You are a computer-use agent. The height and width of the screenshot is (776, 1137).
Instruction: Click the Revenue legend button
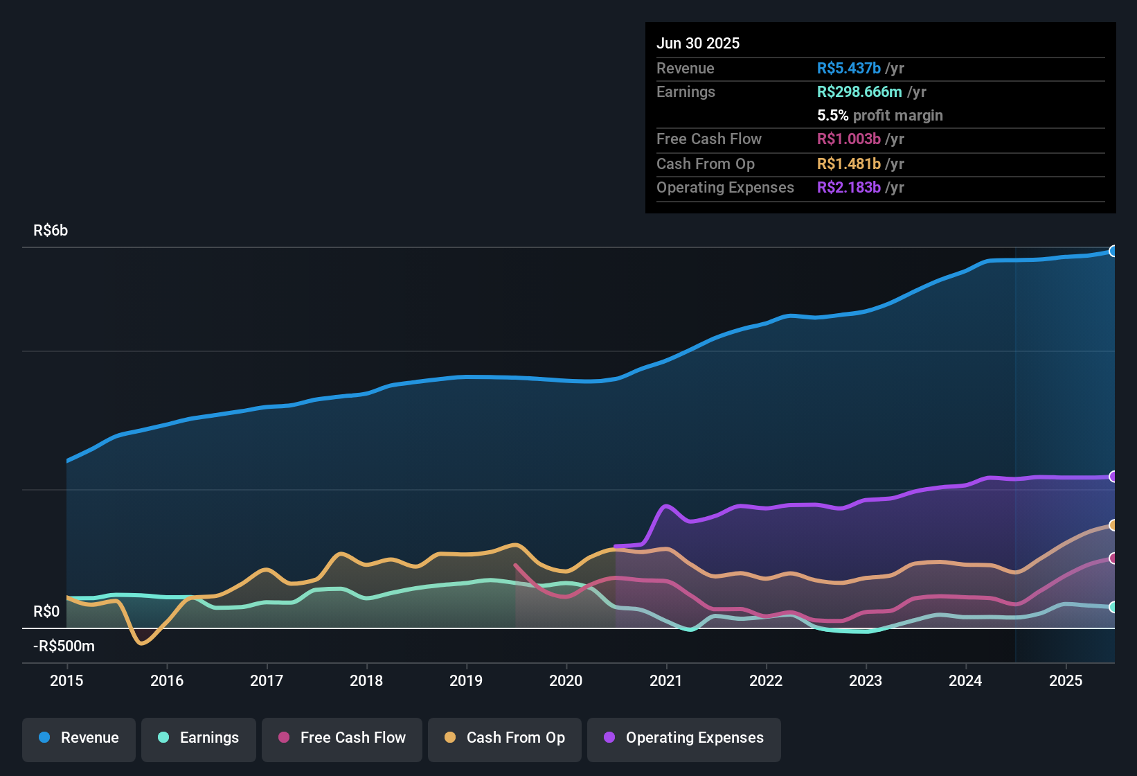click(x=79, y=738)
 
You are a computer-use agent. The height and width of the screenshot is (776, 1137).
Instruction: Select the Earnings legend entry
click(x=199, y=738)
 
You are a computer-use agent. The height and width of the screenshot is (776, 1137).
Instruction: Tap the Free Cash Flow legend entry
click(x=342, y=738)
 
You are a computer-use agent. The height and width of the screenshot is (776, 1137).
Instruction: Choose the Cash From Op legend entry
click(x=505, y=738)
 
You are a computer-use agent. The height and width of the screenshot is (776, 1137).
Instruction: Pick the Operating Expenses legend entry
click(x=684, y=738)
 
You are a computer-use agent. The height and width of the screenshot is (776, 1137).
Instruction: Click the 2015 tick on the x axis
click(x=66, y=680)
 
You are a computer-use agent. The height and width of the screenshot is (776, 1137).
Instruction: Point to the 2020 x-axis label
click(x=566, y=680)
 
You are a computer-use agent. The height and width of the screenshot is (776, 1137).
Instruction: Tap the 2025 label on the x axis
click(x=1066, y=680)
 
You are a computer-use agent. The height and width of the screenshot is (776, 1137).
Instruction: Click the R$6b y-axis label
click(x=51, y=231)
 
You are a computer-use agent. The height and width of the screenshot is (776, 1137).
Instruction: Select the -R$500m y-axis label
click(x=64, y=646)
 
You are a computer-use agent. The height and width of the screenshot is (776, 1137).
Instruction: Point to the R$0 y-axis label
click(x=46, y=612)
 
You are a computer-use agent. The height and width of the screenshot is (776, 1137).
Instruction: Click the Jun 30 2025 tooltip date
click(x=698, y=44)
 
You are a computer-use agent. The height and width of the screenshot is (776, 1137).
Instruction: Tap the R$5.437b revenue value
click(x=849, y=69)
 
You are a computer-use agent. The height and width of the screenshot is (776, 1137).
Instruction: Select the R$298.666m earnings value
click(x=859, y=92)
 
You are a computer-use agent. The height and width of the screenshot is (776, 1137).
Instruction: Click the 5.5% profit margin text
click(x=880, y=116)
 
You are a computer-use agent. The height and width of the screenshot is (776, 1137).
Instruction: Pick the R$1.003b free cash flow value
click(x=849, y=139)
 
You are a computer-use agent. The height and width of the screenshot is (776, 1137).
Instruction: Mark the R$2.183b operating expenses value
click(x=849, y=188)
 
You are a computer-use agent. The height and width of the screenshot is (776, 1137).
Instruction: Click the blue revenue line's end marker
click(x=1113, y=252)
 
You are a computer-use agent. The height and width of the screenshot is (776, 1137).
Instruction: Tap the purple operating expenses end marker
click(x=1113, y=477)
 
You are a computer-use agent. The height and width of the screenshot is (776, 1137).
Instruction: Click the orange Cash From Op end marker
click(x=1113, y=525)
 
